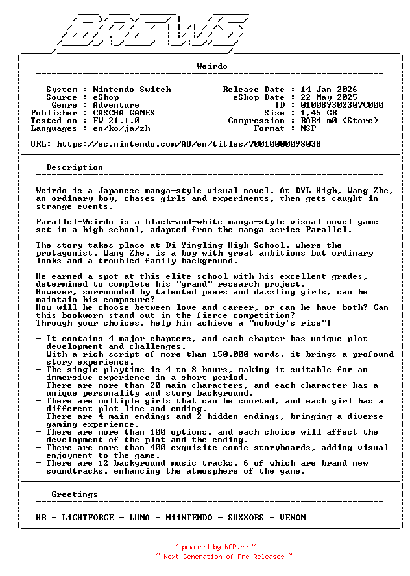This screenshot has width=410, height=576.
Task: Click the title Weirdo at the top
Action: (212, 66)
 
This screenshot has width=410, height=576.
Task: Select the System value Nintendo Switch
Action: (132, 90)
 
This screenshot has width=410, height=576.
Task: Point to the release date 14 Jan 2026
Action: (329, 90)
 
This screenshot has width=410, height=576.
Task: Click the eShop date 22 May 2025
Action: (329, 97)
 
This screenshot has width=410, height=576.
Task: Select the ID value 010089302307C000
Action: (342, 105)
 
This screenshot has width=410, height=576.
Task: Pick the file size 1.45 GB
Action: (319, 113)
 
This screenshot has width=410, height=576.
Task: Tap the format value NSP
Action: (308, 128)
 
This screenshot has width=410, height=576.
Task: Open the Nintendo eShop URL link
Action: (189, 144)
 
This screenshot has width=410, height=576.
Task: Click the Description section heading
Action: (75, 167)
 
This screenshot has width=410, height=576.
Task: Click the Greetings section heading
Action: (75, 494)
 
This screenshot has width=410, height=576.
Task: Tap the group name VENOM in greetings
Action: (293, 518)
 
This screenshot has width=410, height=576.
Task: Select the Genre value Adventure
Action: (116, 105)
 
